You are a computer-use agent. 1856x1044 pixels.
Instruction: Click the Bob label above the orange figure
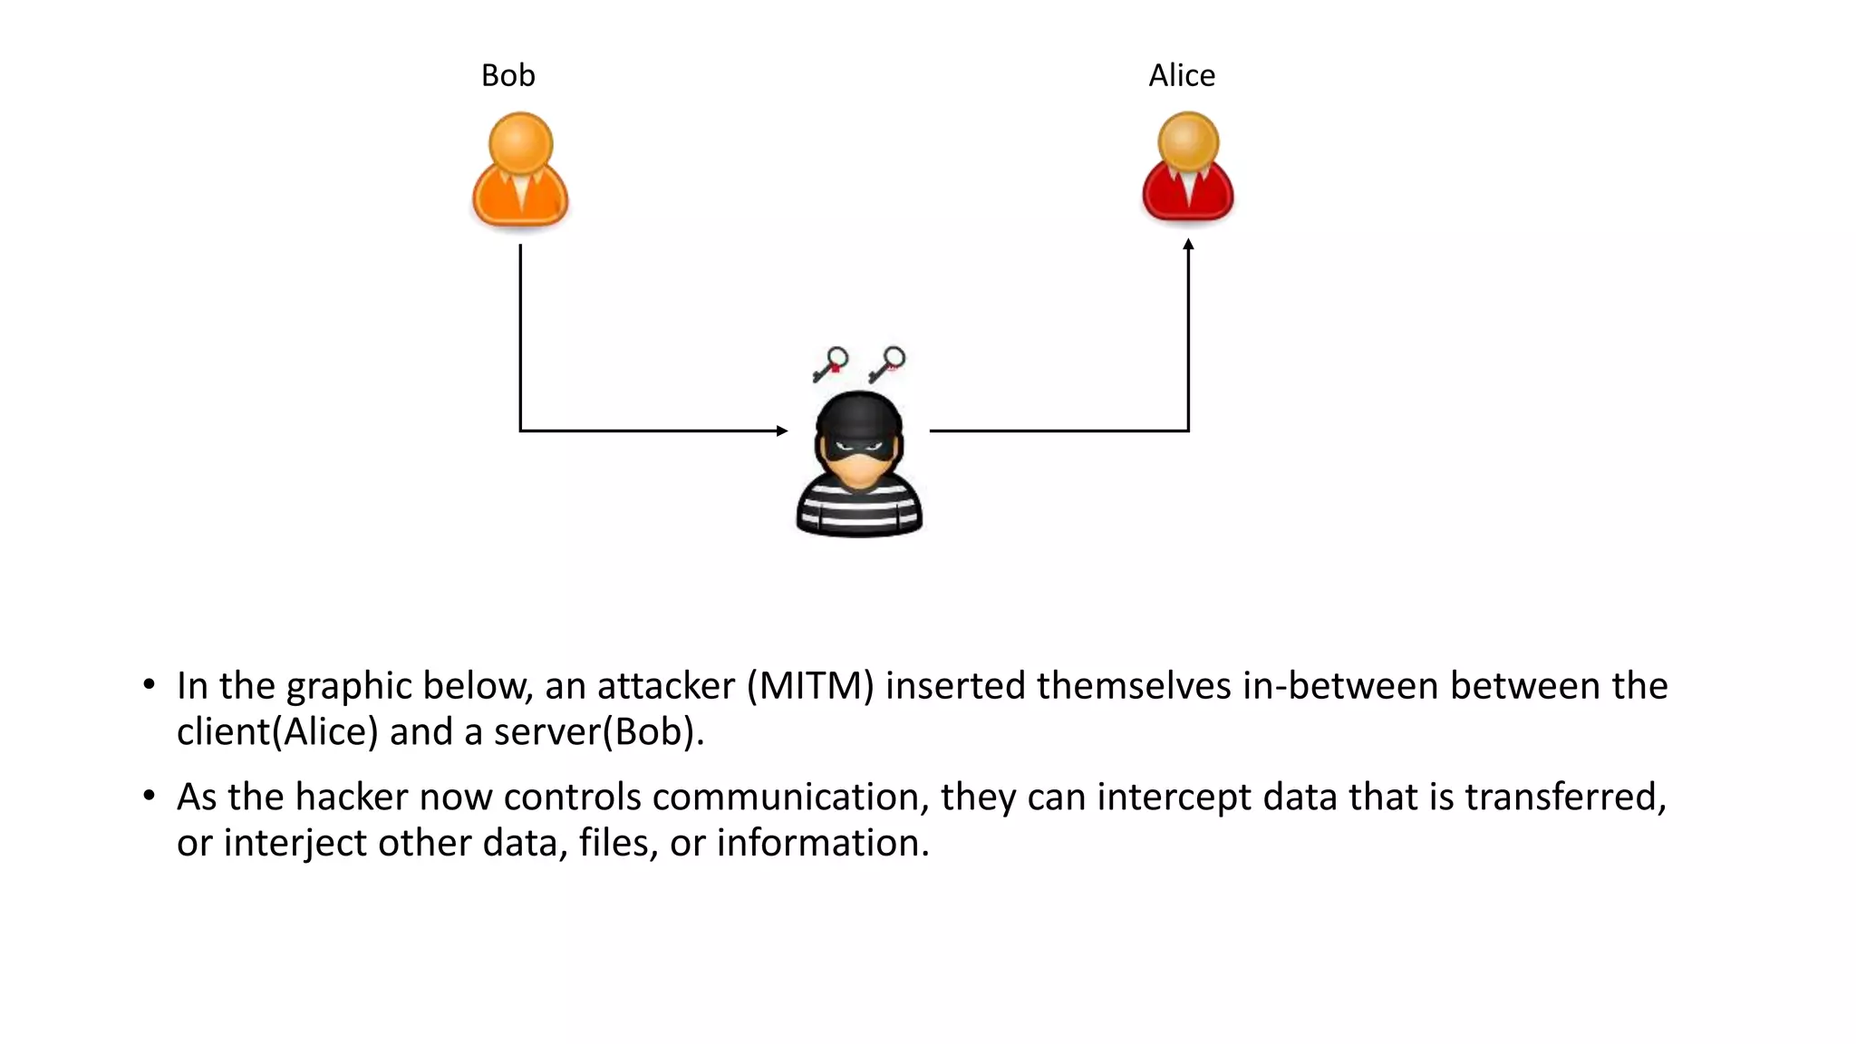coord(507,75)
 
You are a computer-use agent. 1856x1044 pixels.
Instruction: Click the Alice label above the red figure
coord(1181,75)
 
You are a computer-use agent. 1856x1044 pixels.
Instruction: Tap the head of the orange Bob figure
coord(520,142)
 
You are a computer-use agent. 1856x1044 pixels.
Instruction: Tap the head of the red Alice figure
coord(1188,141)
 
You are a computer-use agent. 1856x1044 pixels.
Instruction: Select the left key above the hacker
coord(830,364)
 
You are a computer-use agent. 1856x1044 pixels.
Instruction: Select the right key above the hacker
coord(887,364)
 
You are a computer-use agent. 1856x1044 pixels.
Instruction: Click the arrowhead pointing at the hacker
coord(782,430)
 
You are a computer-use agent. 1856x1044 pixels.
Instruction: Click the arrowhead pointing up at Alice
coord(1188,245)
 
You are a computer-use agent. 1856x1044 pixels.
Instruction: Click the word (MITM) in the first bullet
coord(810,686)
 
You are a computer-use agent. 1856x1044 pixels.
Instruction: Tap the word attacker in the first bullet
coord(665,686)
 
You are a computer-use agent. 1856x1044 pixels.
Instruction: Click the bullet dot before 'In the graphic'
coord(149,685)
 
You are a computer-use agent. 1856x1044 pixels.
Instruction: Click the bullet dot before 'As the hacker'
coord(149,797)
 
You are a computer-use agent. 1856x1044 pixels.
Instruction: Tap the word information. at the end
coord(823,844)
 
